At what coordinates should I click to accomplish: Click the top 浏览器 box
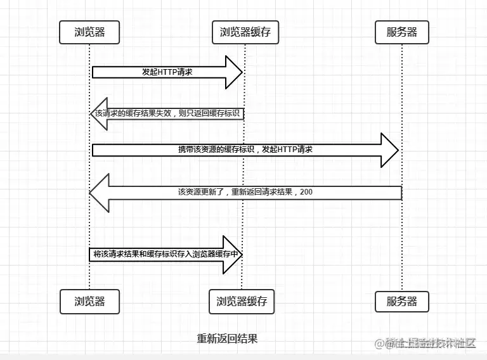click(89, 32)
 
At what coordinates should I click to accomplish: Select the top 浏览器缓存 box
click(245, 32)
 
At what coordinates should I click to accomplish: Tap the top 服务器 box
click(402, 32)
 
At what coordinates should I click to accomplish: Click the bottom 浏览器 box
click(89, 302)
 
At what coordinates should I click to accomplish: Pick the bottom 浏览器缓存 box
click(242, 302)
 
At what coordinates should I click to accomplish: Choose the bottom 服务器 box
click(402, 302)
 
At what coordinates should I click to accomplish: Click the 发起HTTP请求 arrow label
click(167, 72)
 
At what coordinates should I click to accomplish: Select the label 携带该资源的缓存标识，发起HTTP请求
click(245, 150)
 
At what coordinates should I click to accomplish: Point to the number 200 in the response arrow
click(306, 192)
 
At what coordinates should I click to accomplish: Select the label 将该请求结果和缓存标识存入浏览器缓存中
click(167, 254)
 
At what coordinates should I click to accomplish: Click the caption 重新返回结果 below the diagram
click(227, 338)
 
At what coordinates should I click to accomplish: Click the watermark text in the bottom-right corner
click(425, 344)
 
